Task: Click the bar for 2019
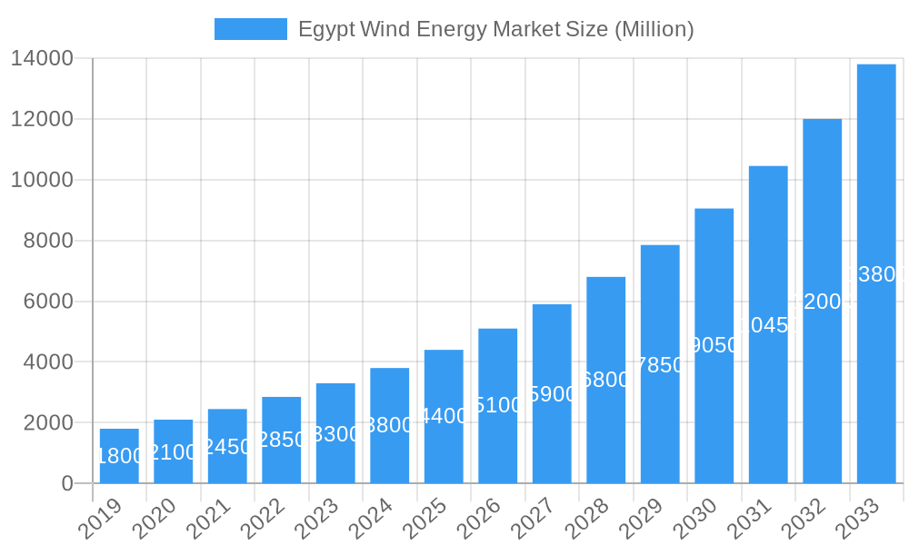click(119, 456)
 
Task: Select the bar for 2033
click(876, 273)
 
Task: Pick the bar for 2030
click(714, 346)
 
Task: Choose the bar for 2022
click(282, 440)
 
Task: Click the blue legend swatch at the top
click(250, 29)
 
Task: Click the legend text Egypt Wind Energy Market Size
click(495, 29)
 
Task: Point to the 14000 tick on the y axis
click(42, 59)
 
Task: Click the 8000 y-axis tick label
click(48, 241)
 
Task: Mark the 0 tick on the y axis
click(67, 483)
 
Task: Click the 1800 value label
click(119, 456)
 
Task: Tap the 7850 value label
click(660, 365)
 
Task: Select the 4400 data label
click(444, 416)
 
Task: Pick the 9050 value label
click(714, 345)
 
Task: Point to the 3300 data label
click(335, 434)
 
